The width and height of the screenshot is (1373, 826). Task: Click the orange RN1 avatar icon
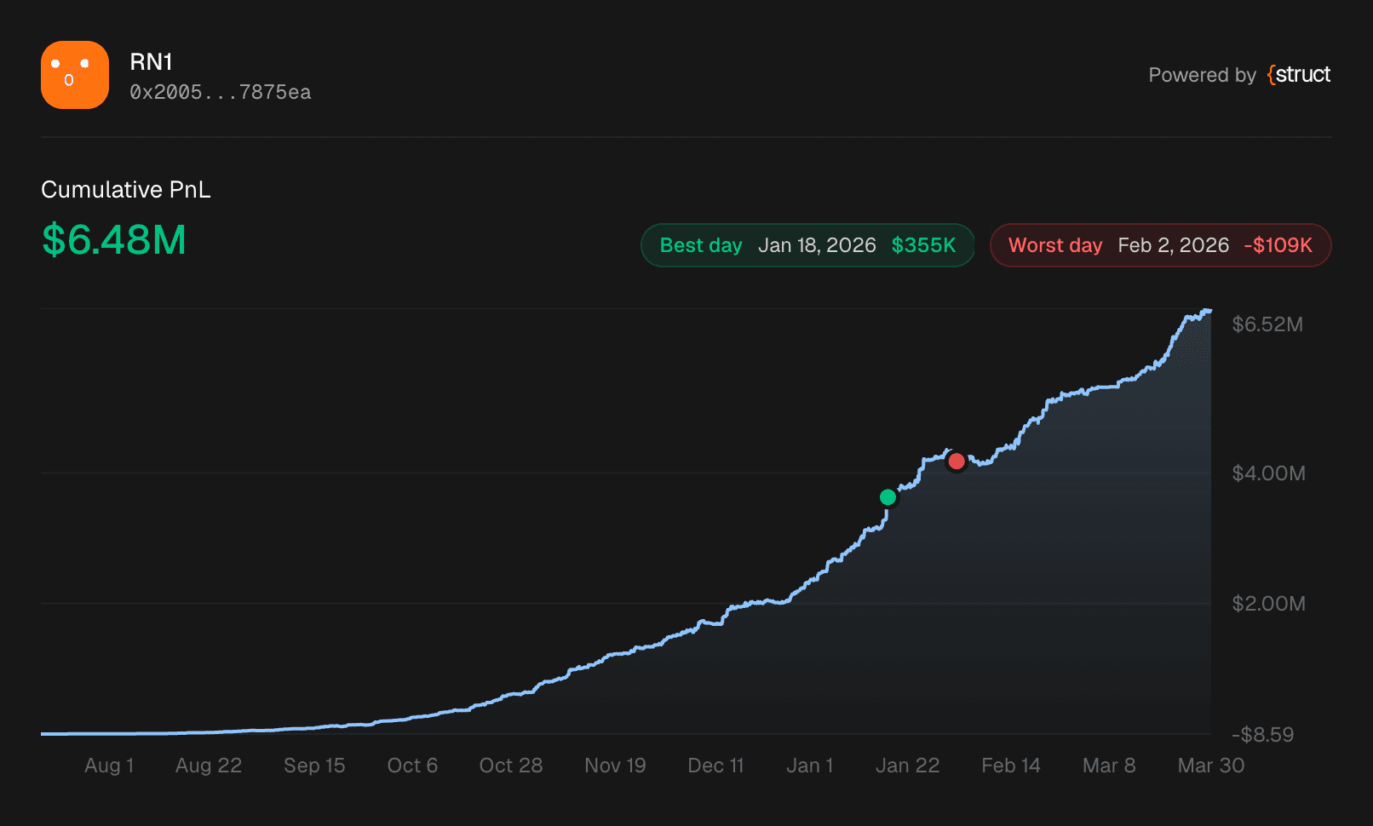pyautogui.click(x=75, y=75)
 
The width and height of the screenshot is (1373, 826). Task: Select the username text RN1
pyautogui.click(x=151, y=62)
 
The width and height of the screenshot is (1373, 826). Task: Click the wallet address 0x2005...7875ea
pyautogui.click(x=220, y=92)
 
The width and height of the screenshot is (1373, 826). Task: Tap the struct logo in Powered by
pyautogui.click(x=1299, y=75)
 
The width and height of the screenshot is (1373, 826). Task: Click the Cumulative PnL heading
pyautogui.click(x=126, y=189)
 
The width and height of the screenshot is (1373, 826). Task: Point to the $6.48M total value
pyautogui.click(x=114, y=239)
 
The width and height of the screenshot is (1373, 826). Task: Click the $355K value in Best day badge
pyautogui.click(x=923, y=245)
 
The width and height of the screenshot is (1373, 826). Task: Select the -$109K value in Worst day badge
pyautogui.click(x=1278, y=245)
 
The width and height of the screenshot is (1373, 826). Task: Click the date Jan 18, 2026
pyautogui.click(x=817, y=245)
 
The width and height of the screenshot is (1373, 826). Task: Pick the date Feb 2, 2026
pyautogui.click(x=1173, y=245)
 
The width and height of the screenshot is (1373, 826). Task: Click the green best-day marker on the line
pyautogui.click(x=888, y=497)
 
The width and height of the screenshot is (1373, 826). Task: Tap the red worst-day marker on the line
pyautogui.click(x=957, y=462)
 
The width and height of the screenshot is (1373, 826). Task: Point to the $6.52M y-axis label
pyautogui.click(x=1267, y=324)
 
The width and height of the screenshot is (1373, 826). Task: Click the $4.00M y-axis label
pyautogui.click(x=1268, y=473)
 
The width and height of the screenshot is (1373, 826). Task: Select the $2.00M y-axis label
pyautogui.click(x=1268, y=604)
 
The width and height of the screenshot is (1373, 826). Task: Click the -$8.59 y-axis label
pyautogui.click(x=1262, y=735)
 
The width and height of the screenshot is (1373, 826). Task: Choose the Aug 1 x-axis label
pyautogui.click(x=109, y=766)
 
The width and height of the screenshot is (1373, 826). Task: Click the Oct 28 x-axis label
pyautogui.click(x=511, y=766)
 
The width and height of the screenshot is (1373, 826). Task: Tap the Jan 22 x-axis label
pyautogui.click(x=907, y=766)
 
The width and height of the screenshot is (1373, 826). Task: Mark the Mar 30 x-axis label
pyautogui.click(x=1210, y=766)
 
